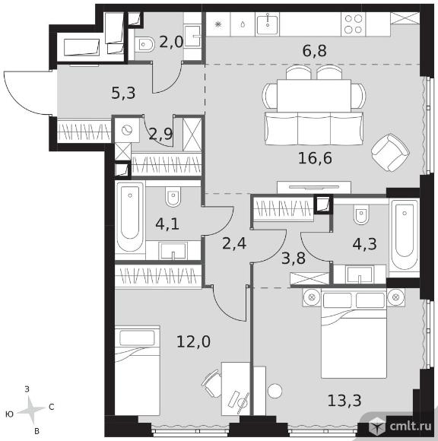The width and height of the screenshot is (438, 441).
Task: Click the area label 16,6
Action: pos(315,158)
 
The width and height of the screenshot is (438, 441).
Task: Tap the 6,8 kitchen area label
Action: pos(315,51)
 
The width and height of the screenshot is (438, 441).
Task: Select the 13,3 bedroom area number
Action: pos(344,400)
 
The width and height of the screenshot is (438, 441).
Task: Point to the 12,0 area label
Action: pos(194,341)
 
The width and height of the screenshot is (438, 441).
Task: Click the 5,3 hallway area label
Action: pos(123,93)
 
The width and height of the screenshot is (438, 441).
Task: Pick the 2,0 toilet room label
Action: pos(171,42)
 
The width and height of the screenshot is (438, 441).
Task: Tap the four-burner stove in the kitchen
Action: pos(354,24)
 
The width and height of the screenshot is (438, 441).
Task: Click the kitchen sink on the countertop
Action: pos(267,24)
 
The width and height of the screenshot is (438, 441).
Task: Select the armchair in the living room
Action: pos(390,152)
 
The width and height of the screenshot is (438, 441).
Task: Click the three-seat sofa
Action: pos(314,128)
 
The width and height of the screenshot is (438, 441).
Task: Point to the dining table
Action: pos(314,96)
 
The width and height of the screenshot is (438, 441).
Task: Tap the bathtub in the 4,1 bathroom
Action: pos(130,217)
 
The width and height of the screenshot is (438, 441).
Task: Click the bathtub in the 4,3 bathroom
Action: pos(405,235)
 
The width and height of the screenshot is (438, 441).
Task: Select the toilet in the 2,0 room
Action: pos(144,44)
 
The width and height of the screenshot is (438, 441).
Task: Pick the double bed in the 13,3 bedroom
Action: pos(354,335)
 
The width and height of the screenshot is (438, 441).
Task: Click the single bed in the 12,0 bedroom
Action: pos(138,370)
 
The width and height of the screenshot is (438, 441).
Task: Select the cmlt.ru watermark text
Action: pos(410,427)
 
